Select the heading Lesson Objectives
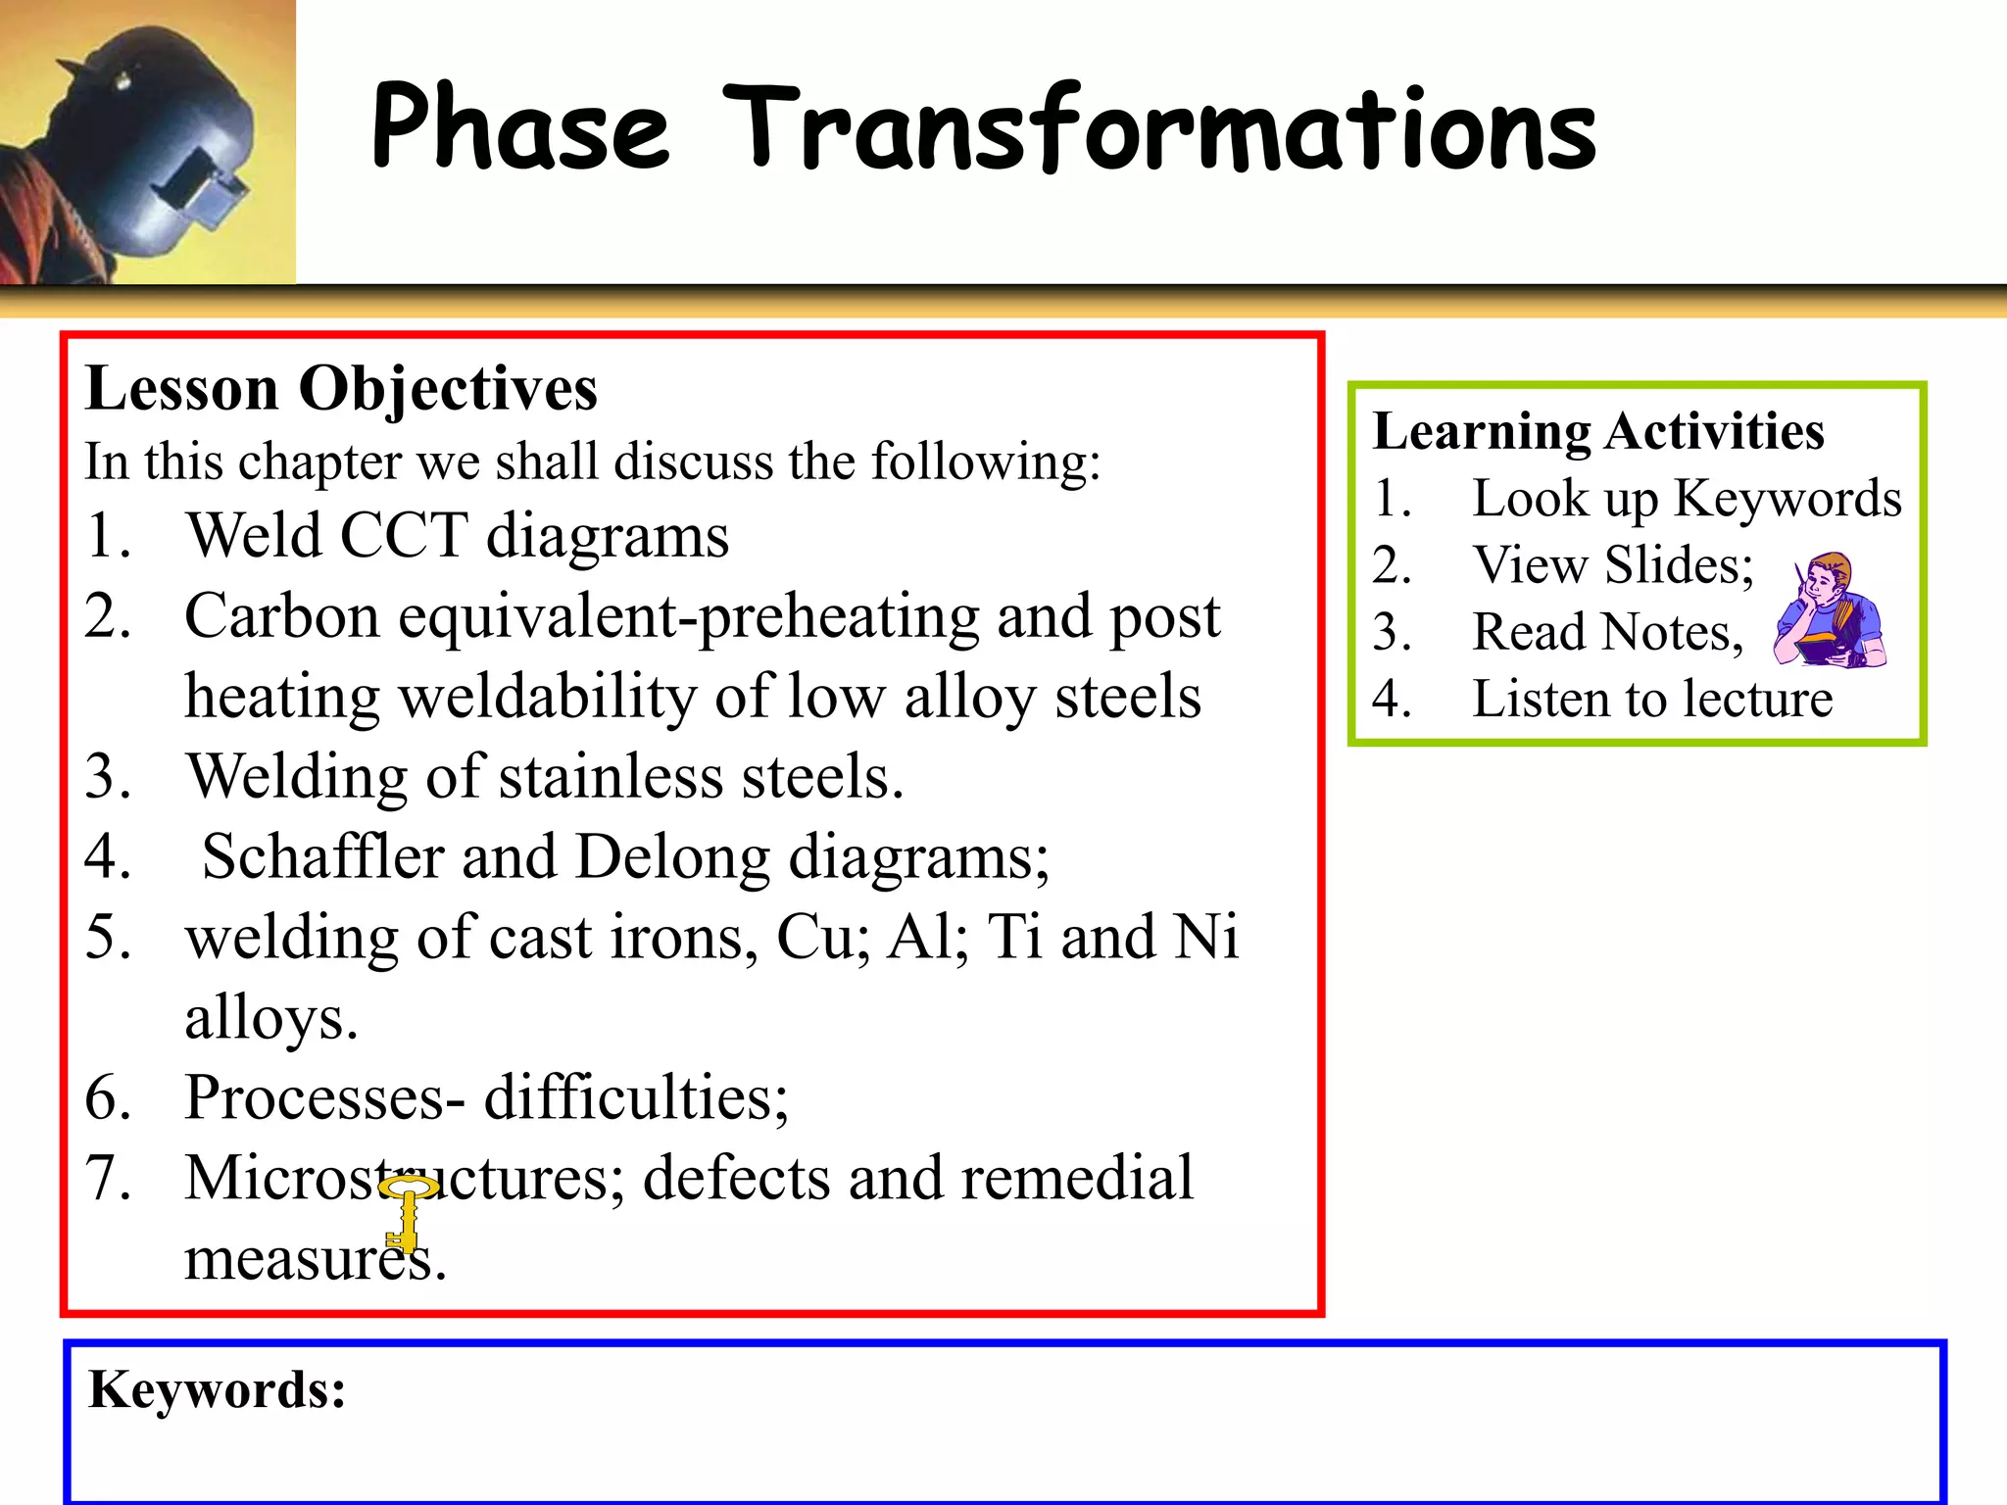tap(341, 389)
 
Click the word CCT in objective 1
tap(403, 536)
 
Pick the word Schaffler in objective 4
tap(323, 857)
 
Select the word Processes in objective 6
tap(314, 1097)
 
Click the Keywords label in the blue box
tap(217, 1390)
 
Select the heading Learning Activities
tap(1598, 431)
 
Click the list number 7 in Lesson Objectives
tap(108, 1178)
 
